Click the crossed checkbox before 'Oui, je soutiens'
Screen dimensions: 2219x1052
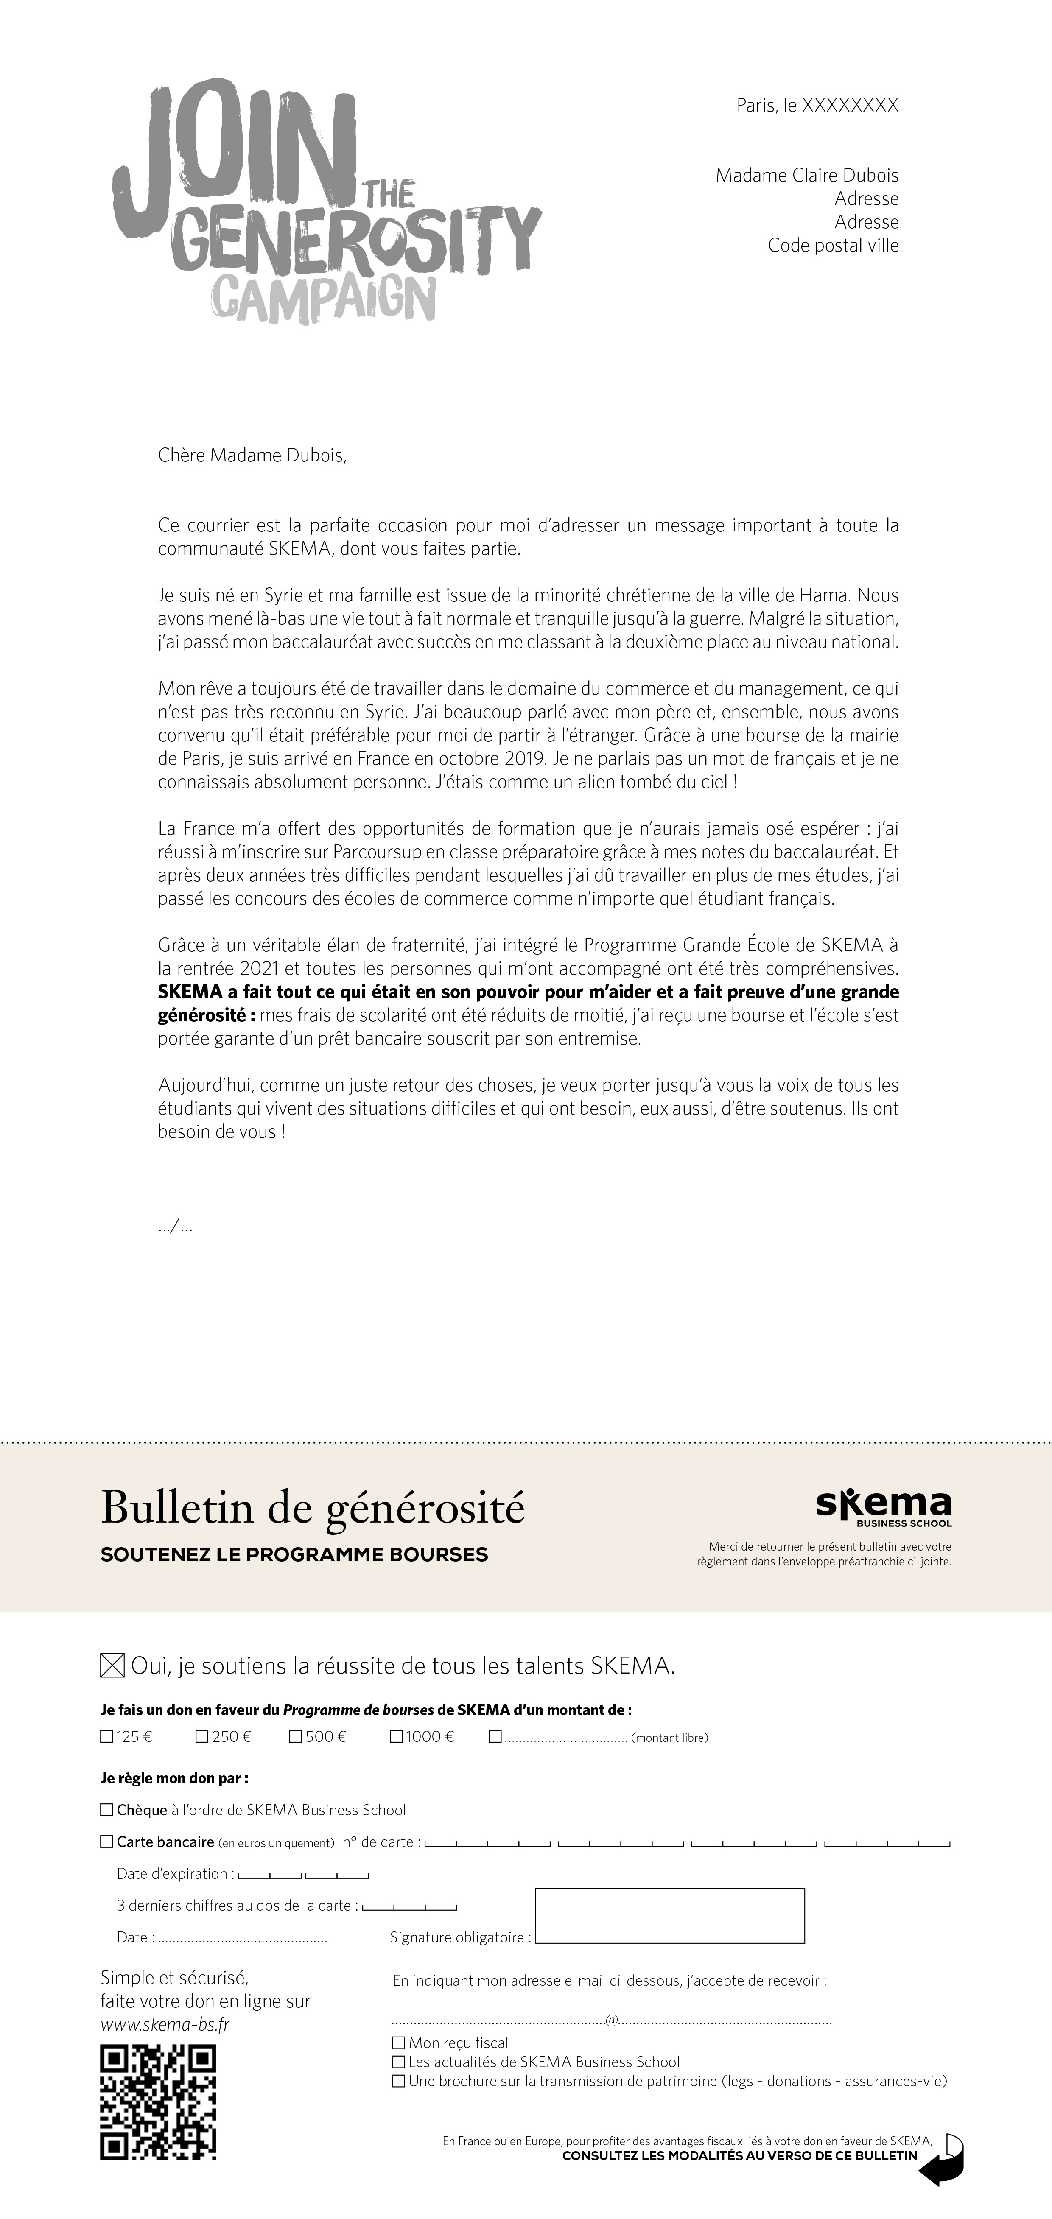(x=112, y=1666)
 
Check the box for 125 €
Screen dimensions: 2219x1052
(x=107, y=1737)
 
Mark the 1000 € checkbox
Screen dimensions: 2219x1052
(x=396, y=1737)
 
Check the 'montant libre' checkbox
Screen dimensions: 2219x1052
(x=495, y=1737)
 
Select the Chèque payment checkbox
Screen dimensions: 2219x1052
(x=107, y=1810)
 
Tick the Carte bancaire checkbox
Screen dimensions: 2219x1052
(x=107, y=1842)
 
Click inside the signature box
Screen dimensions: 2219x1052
(x=669, y=1916)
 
